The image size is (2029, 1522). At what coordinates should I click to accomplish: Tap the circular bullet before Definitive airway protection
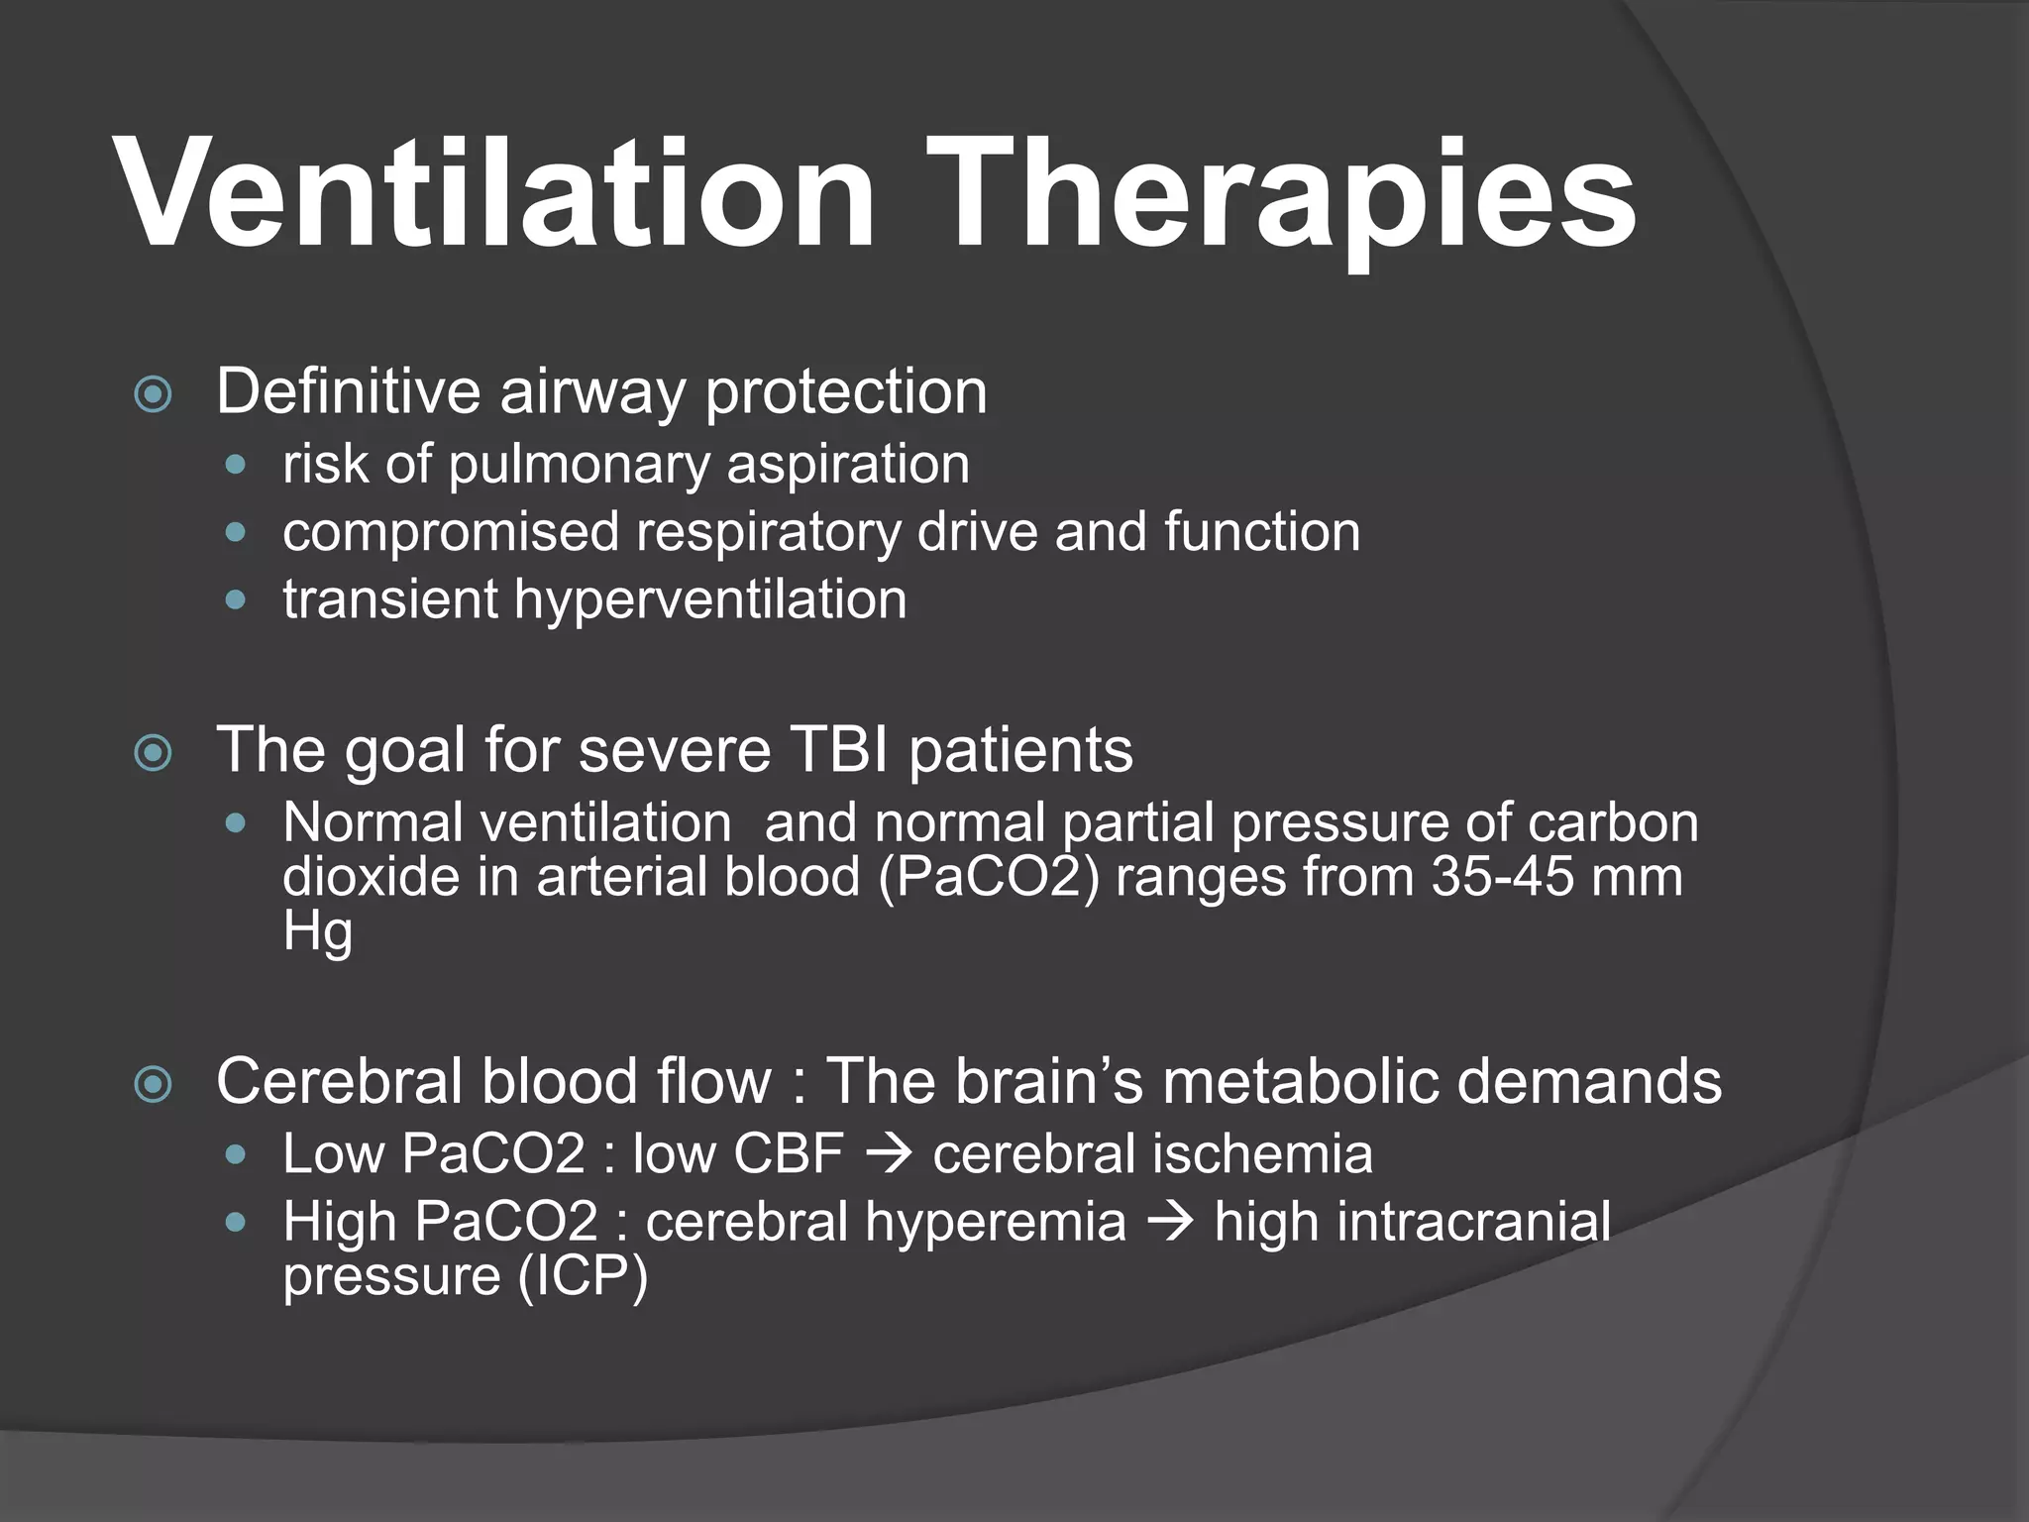click(153, 395)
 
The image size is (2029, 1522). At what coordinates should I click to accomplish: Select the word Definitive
click(348, 391)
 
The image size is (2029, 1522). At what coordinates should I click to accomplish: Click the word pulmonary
click(579, 465)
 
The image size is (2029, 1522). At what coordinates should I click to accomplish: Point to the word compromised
click(451, 532)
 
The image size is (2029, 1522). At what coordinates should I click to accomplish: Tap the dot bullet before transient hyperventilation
click(235, 599)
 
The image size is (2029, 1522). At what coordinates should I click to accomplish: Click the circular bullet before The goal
click(153, 754)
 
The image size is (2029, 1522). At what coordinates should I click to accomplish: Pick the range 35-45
click(1502, 877)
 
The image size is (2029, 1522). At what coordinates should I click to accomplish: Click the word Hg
click(317, 932)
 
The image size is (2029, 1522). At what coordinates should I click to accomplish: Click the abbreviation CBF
click(788, 1154)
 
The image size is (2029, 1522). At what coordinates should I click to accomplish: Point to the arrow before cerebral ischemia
click(888, 1155)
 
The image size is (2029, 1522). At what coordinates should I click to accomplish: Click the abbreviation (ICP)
click(583, 1276)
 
